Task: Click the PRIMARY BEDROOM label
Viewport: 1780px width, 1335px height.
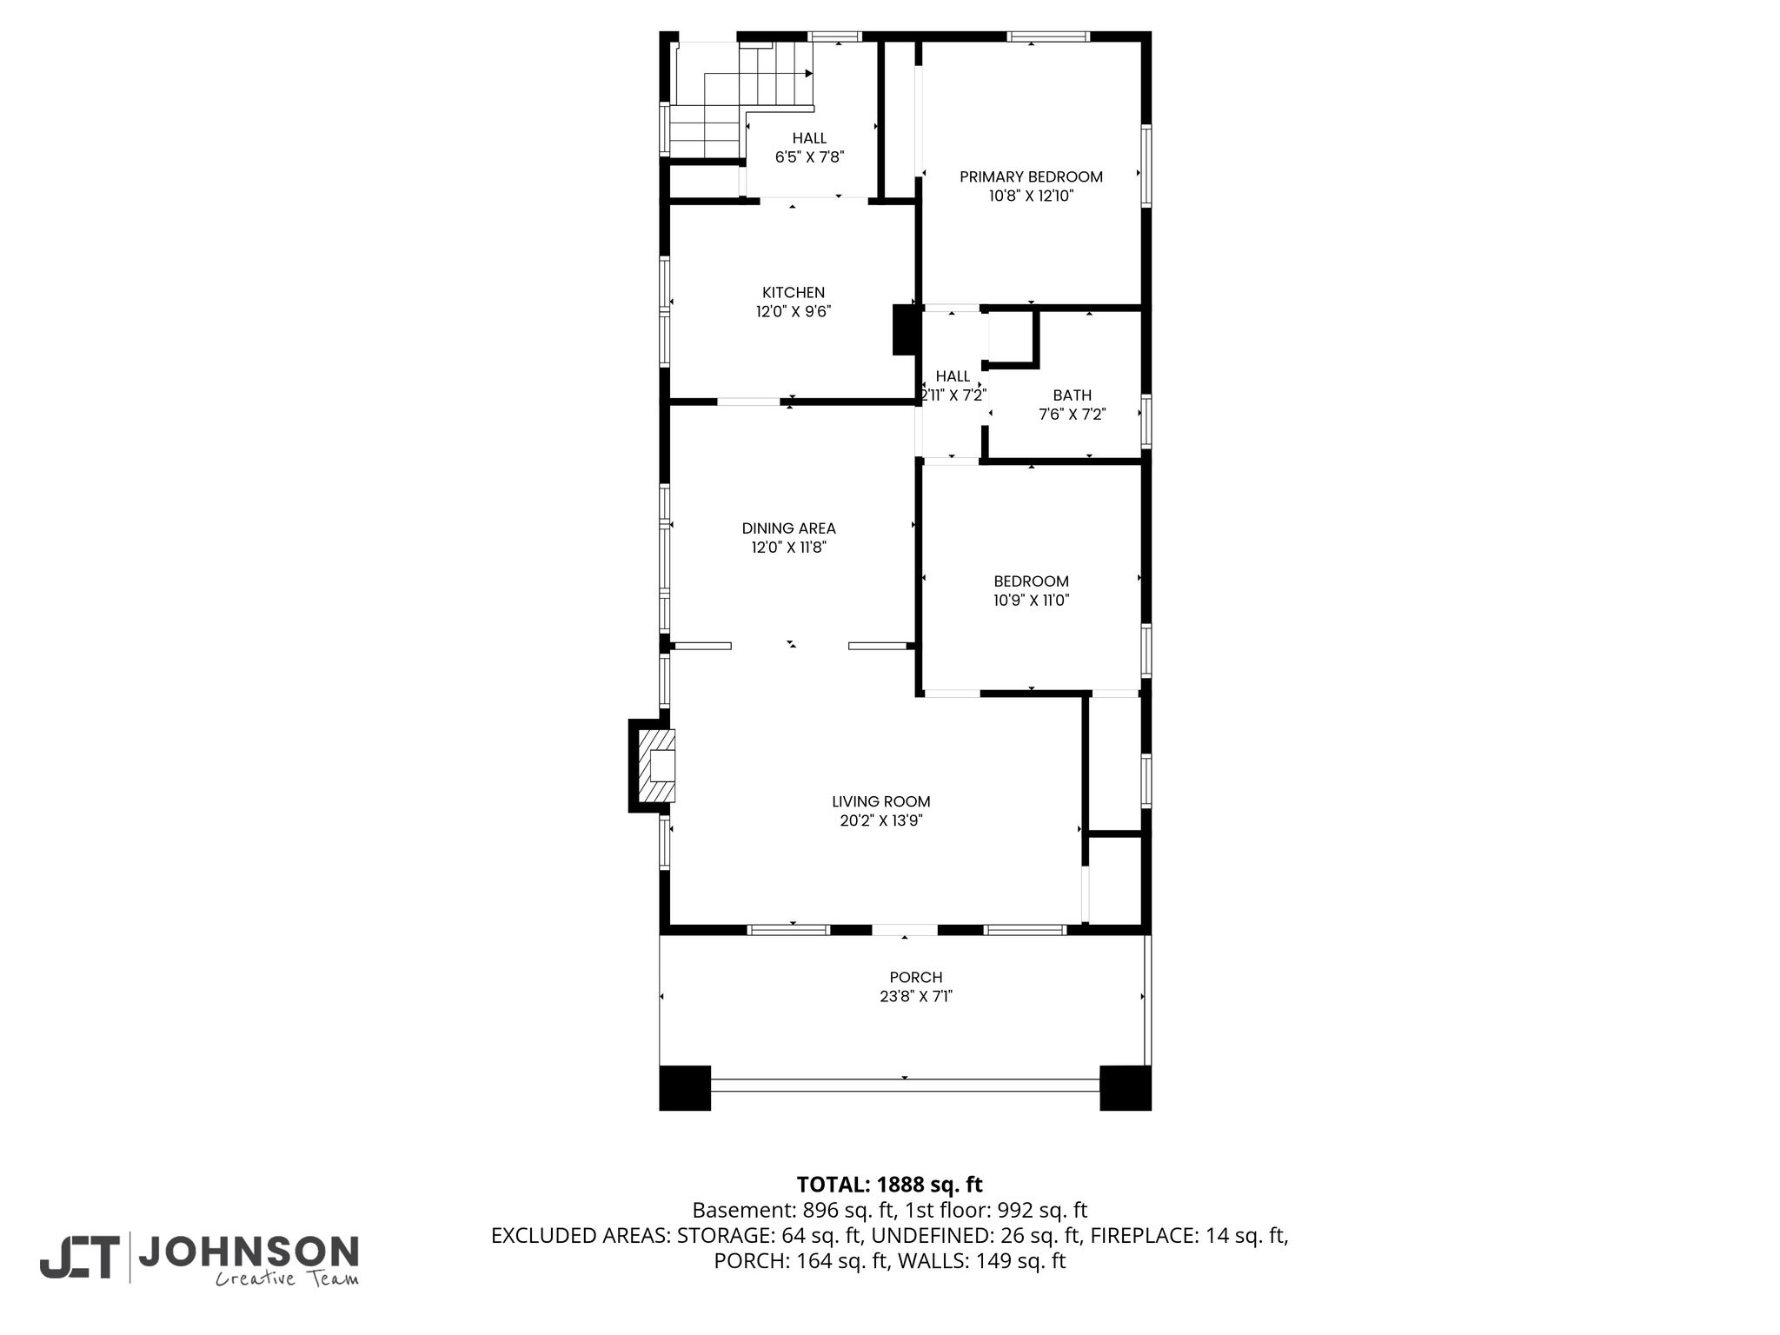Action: point(1031,176)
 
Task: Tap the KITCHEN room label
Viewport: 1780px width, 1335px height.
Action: point(794,292)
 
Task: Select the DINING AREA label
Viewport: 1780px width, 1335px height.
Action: point(788,528)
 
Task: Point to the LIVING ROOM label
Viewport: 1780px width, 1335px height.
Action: point(880,801)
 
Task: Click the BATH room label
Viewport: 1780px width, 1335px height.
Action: point(1072,395)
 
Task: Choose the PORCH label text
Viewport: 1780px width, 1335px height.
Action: point(916,978)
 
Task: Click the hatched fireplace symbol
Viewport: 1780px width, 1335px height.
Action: point(657,766)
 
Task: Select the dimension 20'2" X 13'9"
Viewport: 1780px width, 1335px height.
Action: point(880,820)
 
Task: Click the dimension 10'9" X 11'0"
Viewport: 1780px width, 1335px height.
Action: point(1031,600)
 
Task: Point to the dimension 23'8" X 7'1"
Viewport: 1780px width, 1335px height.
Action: point(916,997)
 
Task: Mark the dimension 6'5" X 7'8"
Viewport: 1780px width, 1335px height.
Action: point(809,157)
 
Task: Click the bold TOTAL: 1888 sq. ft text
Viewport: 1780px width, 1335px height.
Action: point(889,1185)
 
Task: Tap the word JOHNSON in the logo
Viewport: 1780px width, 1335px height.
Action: point(249,1252)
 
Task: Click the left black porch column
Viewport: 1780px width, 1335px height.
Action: point(685,1087)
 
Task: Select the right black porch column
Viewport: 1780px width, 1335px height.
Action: point(1126,1087)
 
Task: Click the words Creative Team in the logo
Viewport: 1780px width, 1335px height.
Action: point(287,1279)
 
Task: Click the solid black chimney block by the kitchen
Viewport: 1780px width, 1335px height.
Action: point(905,329)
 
